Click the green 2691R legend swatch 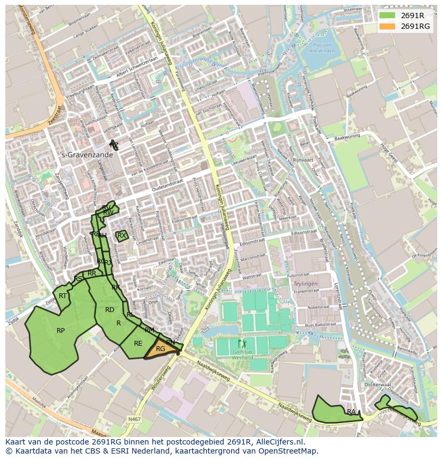pyautogui.click(x=388, y=15)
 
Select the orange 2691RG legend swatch pyautogui.click(x=388, y=26)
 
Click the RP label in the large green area pyautogui.click(x=61, y=331)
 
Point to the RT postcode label pyautogui.click(x=63, y=296)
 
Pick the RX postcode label pyautogui.click(x=122, y=236)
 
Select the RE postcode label pyautogui.click(x=138, y=344)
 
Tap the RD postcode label pyautogui.click(x=109, y=310)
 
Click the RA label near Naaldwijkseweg pyautogui.click(x=351, y=412)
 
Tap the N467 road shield pyautogui.click(x=135, y=420)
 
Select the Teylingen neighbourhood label pyautogui.click(x=305, y=284)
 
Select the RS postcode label pyautogui.click(x=78, y=279)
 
